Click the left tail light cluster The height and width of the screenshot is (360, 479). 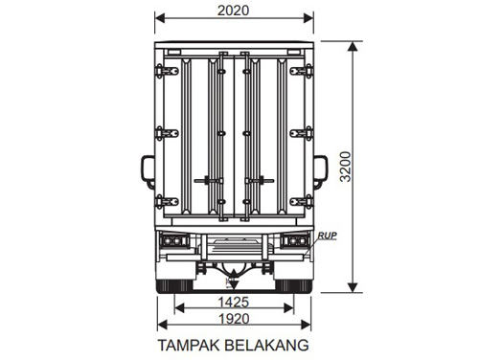point(173,241)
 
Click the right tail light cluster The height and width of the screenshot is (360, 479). point(293,241)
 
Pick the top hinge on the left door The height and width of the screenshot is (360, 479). point(169,70)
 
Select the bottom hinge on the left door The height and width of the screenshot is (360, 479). point(169,202)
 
